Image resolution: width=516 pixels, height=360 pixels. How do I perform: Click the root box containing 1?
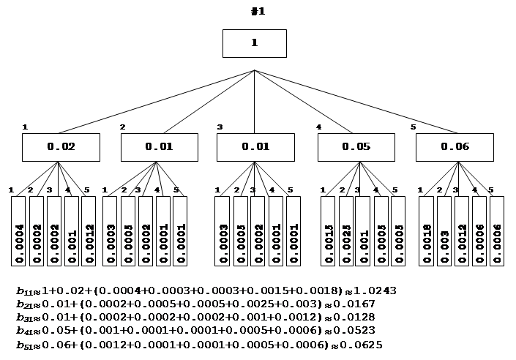[x=254, y=43]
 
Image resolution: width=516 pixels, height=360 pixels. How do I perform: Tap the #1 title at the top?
[x=258, y=11]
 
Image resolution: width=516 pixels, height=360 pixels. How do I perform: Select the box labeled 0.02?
[x=61, y=147]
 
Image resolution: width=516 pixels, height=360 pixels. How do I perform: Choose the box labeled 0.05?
[x=356, y=147]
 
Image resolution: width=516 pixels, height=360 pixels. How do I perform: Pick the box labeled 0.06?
[x=455, y=147]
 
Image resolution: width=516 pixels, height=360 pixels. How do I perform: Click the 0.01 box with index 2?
[x=159, y=147]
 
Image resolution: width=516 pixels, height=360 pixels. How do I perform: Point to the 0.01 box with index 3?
[x=255, y=147]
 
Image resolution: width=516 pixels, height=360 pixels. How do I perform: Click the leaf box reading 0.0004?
[x=19, y=231]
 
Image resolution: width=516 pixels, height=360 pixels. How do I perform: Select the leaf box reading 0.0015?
[x=327, y=231]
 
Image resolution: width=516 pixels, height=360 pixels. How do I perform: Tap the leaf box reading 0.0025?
[x=345, y=231]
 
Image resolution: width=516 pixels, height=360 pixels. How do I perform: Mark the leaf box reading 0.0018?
[x=426, y=231]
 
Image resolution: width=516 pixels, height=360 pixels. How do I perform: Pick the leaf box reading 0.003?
[x=444, y=231]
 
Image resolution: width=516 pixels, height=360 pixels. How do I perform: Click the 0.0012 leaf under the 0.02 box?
[x=89, y=231]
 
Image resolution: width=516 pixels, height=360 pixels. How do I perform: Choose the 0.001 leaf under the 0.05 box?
[x=363, y=231]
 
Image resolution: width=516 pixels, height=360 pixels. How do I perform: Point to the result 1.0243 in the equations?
[x=375, y=291]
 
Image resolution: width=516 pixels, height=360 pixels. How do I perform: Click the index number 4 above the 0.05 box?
[x=318, y=127]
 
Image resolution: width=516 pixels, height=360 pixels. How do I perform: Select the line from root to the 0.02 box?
[x=157, y=102]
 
